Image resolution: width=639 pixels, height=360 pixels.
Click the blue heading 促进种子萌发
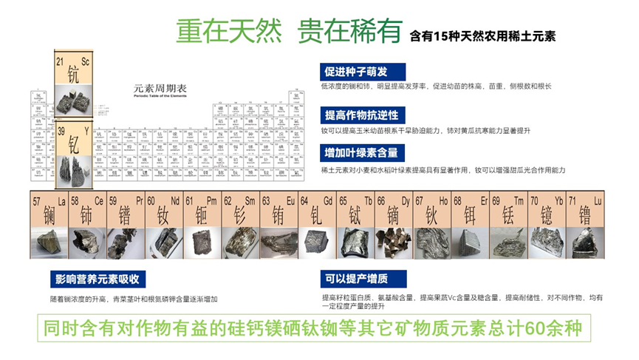click(356, 72)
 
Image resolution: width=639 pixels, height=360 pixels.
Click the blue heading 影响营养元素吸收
click(98, 279)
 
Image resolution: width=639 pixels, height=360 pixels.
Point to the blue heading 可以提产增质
click(355, 279)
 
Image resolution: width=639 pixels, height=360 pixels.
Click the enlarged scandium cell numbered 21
click(72, 72)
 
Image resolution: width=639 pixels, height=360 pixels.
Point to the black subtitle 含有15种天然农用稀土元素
click(488, 34)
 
